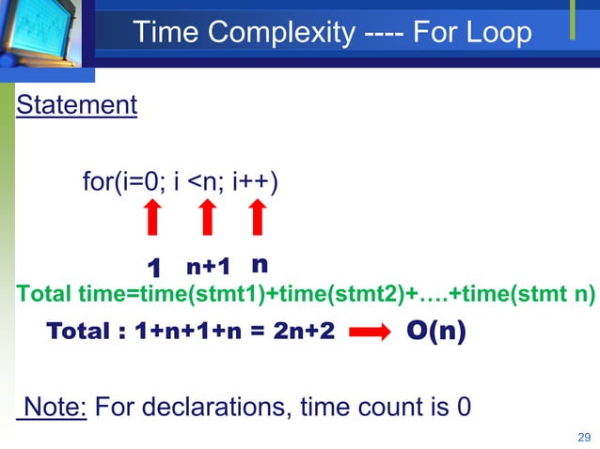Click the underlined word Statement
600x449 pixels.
[x=76, y=104]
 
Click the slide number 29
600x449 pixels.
[x=583, y=437]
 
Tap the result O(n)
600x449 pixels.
[x=435, y=333]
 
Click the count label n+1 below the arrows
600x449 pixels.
[x=208, y=267]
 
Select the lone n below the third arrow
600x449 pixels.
[x=260, y=264]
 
